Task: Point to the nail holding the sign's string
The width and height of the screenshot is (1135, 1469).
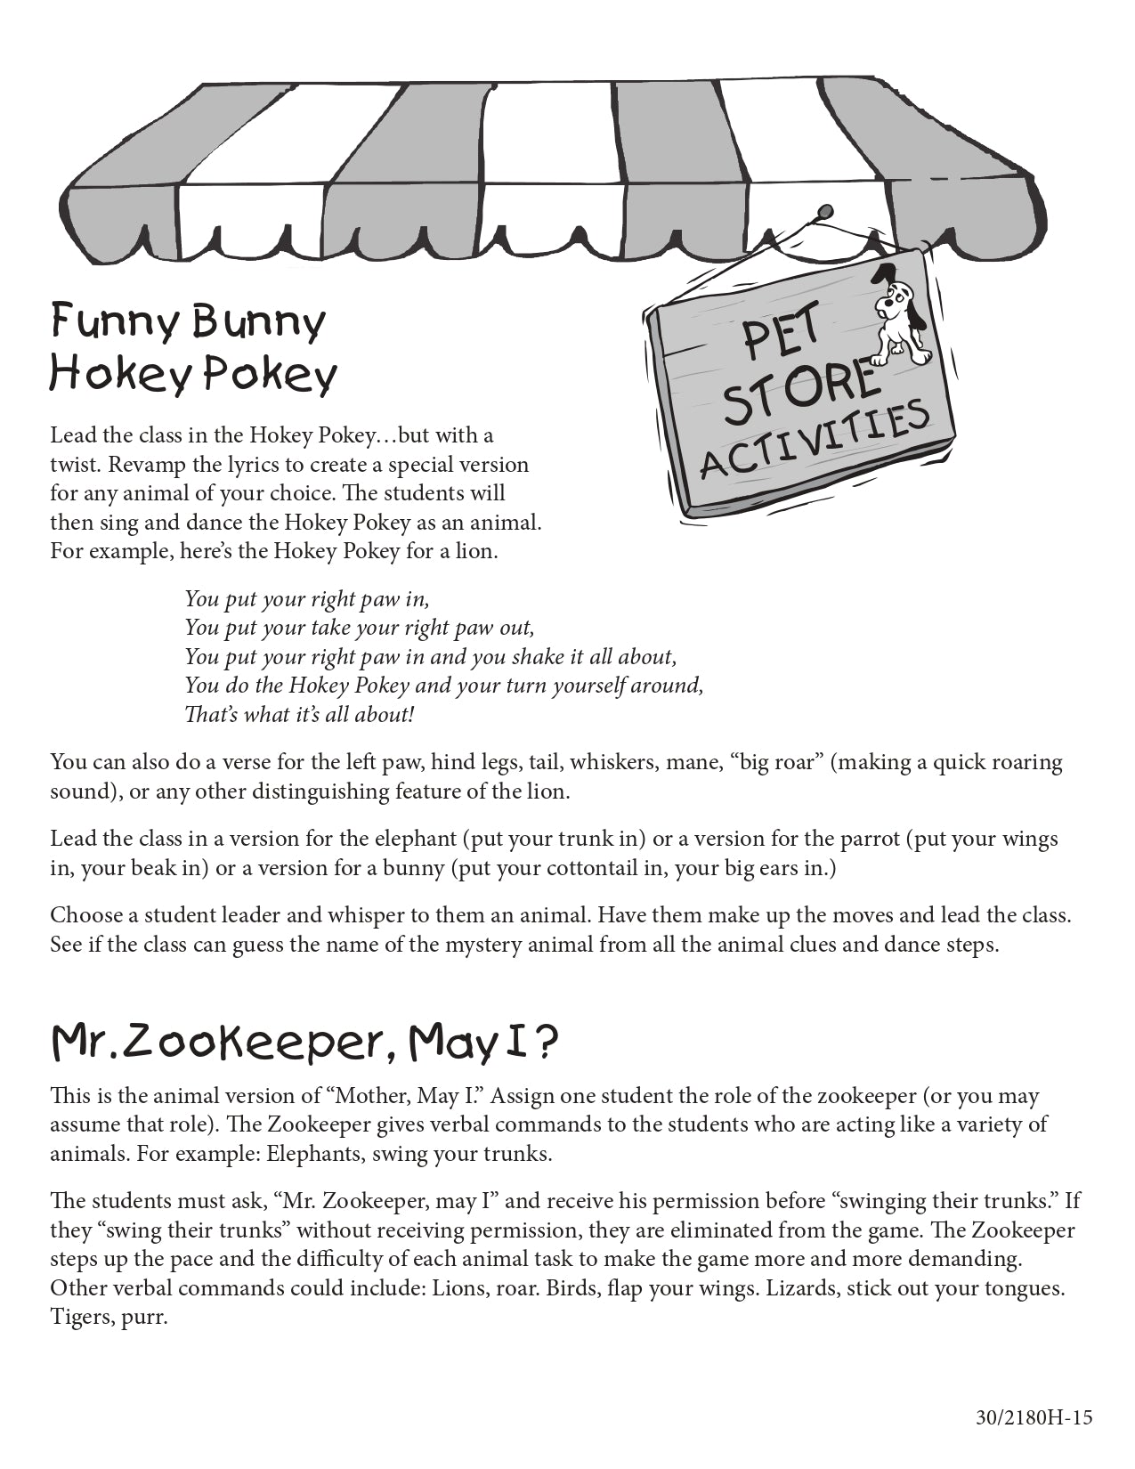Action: (824, 212)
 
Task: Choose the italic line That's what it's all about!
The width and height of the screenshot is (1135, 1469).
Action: (299, 714)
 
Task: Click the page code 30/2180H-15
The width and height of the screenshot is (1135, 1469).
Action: (1033, 1418)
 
